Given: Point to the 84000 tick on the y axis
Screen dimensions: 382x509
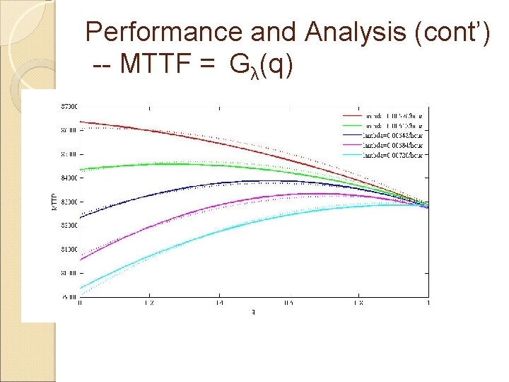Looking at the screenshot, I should click(69, 178).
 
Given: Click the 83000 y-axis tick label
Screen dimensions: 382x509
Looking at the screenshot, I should click(69, 202).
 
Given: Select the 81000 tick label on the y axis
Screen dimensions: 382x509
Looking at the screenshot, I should click(69, 249).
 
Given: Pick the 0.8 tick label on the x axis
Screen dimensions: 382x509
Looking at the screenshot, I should click(359, 302).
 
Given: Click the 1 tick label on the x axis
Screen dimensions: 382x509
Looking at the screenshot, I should click(427, 302).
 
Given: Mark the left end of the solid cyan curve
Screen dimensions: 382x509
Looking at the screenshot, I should click(81, 287).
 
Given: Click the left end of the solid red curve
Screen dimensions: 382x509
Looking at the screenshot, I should click(81, 122).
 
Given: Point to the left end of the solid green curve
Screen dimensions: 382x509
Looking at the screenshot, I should click(81, 170).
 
